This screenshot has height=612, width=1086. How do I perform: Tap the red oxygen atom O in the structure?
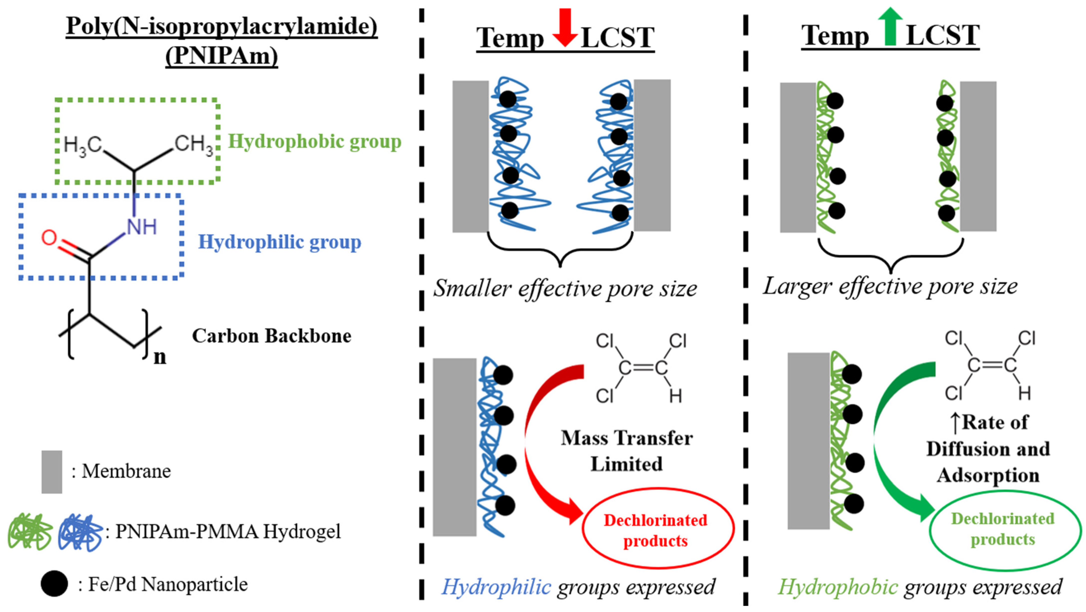click(49, 237)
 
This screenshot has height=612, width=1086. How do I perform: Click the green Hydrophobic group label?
click(314, 141)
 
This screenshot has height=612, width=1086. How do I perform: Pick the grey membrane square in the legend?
click(52, 472)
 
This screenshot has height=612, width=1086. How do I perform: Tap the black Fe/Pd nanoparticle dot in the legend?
click(54, 584)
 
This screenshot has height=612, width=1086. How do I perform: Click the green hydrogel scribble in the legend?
click(30, 531)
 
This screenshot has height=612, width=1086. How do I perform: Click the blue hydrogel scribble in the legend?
click(80, 531)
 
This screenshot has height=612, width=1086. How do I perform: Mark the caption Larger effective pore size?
click(890, 286)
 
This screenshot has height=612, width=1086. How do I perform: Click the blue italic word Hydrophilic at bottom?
click(496, 587)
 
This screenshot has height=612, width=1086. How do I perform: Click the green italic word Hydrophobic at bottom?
click(838, 587)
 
